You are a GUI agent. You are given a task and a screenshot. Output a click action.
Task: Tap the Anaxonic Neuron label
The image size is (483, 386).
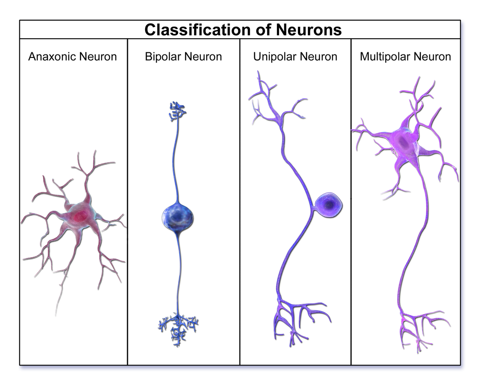point(73,57)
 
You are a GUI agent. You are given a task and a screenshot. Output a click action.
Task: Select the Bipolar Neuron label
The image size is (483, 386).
point(183,57)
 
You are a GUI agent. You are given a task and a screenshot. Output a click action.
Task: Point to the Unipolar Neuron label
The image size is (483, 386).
point(295,57)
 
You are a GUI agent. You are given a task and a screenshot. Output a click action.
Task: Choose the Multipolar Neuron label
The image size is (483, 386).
point(405,57)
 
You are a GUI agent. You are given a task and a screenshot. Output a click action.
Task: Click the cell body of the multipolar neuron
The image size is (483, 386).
point(404,144)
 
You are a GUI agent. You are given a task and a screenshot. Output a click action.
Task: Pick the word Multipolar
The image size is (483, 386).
point(382,57)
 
